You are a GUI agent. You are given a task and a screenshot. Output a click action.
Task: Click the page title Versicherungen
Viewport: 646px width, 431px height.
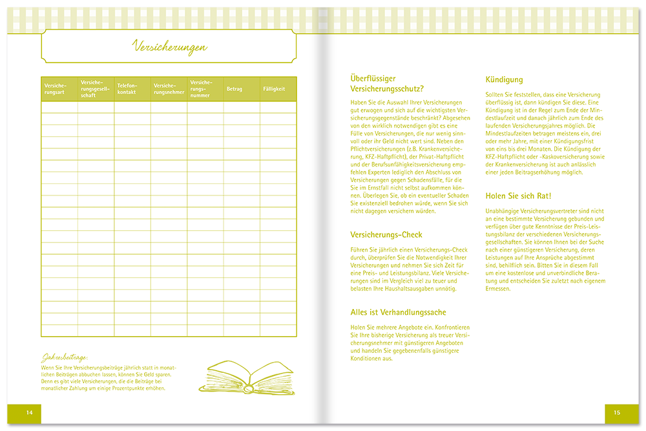pyautogui.click(x=169, y=46)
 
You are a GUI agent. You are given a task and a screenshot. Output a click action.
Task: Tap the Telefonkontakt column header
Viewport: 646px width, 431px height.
pyautogui.click(x=128, y=89)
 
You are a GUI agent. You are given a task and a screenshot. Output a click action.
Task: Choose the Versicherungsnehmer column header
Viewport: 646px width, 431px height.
pyautogui.click(x=169, y=89)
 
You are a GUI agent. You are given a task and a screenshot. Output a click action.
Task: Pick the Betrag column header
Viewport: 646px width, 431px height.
pyautogui.click(x=234, y=89)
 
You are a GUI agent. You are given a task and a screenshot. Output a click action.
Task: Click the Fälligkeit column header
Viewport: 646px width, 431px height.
pyautogui.click(x=274, y=89)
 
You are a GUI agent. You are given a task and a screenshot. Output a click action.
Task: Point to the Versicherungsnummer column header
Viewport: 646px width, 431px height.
pyautogui.click(x=201, y=89)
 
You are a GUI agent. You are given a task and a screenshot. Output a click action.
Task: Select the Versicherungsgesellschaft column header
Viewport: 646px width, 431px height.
pyautogui.click(x=94, y=89)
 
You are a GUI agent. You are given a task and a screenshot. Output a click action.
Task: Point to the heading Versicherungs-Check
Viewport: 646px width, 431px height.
pyautogui.click(x=386, y=235)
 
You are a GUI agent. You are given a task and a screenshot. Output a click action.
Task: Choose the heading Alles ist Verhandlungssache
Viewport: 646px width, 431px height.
pyautogui.click(x=398, y=312)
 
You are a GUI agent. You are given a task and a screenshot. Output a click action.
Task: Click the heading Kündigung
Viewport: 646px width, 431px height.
pyautogui.click(x=504, y=79)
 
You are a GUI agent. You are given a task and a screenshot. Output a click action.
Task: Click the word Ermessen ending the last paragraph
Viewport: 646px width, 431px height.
pyautogui.click(x=497, y=288)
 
